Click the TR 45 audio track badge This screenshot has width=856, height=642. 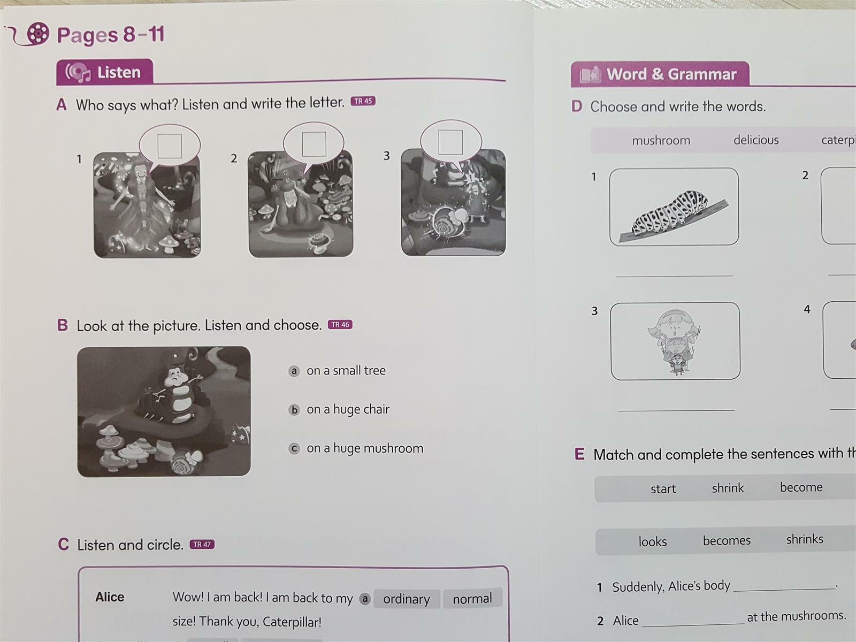tap(363, 101)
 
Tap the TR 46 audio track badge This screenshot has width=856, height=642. tap(340, 325)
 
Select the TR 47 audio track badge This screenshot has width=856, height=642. tap(202, 544)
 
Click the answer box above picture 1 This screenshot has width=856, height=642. tap(170, 146)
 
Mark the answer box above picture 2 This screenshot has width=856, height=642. tap(314, 144)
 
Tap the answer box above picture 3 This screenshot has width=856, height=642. tap(451, 142)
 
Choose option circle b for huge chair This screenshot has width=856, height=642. tap(294, 410)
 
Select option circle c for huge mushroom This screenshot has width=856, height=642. tap(294, 449)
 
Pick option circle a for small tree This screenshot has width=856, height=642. tap(294, 371)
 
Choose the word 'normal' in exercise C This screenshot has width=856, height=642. tap(472, 598)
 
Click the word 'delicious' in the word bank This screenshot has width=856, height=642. tap(756, 140)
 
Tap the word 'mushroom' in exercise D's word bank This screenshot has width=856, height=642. tap(661, 140)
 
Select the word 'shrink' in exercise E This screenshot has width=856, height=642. tap(728, 488)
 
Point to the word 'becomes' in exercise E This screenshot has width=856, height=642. tap(727, 541)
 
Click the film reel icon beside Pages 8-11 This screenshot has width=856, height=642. tap(38, 33)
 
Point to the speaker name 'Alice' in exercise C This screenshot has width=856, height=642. tap(110, 597)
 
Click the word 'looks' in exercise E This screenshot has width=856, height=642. tap(652, 541)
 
